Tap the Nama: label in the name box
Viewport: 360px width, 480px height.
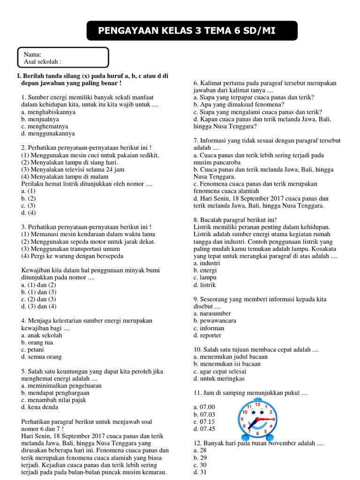(32, 54)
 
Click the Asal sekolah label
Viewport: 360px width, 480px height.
(42, 61)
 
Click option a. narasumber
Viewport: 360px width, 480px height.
(212, 314)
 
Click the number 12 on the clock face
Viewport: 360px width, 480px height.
(257, 404)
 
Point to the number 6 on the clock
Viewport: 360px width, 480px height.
(258, 434)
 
